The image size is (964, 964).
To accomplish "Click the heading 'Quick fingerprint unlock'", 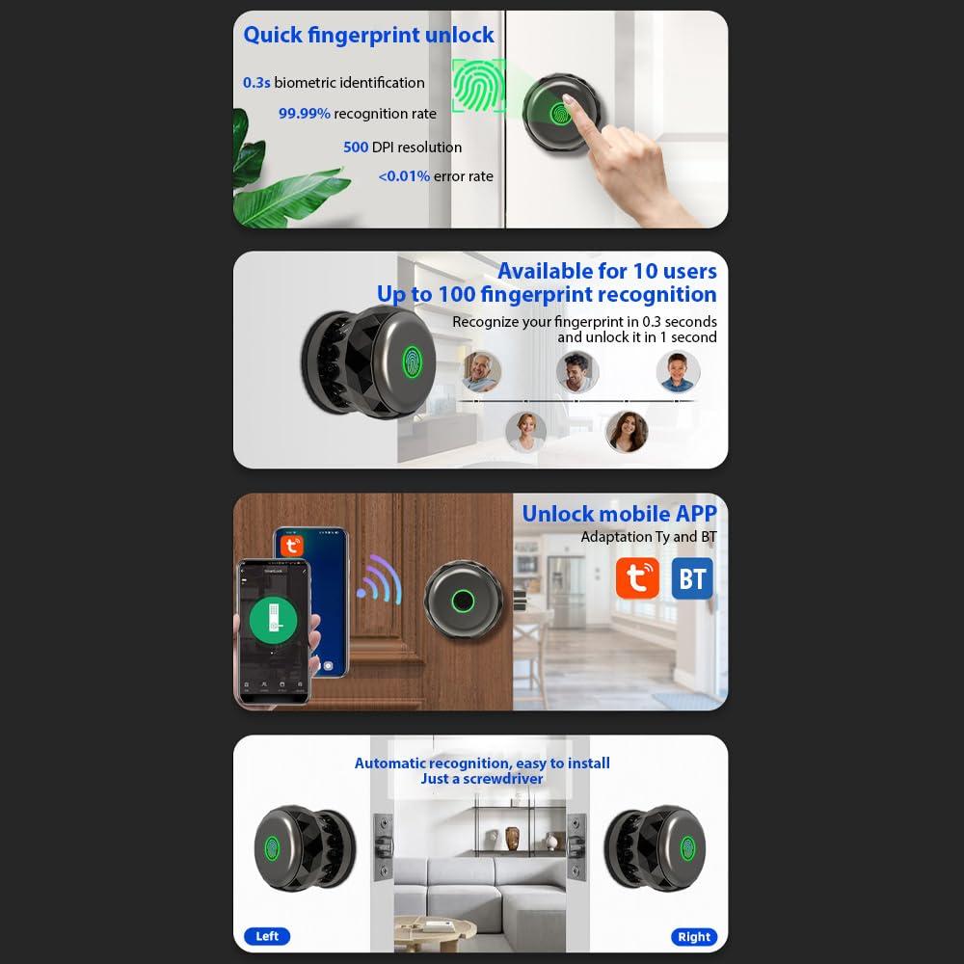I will click(x=368, y=36).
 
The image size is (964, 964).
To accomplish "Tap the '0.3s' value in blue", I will click(x=256, y=83).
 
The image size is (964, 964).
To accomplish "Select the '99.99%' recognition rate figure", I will click(x=305, y=114).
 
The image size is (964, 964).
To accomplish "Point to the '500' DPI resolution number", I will click(x=356, y=147).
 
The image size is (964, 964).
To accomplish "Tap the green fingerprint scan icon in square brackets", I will click(x=479, y=87).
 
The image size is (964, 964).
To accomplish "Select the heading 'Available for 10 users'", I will click(x=606, y=271).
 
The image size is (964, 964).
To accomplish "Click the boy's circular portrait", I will click(x=678, y=371).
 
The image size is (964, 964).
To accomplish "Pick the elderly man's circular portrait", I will click(x=481, y=371).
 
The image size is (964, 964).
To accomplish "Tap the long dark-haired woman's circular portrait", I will click(x=627, y=431).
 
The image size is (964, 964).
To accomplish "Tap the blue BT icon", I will click(x=692, y=578).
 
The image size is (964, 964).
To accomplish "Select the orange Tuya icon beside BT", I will click(x=637, y=578).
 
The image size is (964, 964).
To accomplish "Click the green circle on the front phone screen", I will click(x=274, y=621).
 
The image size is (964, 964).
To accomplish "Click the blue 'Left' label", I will click(x=267, y=936).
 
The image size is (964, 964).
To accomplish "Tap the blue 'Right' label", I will click(x=694, y=936).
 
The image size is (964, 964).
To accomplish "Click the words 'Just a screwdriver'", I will click(x=482, y=779).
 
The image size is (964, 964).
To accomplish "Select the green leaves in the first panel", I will click(x=284, y=174).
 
